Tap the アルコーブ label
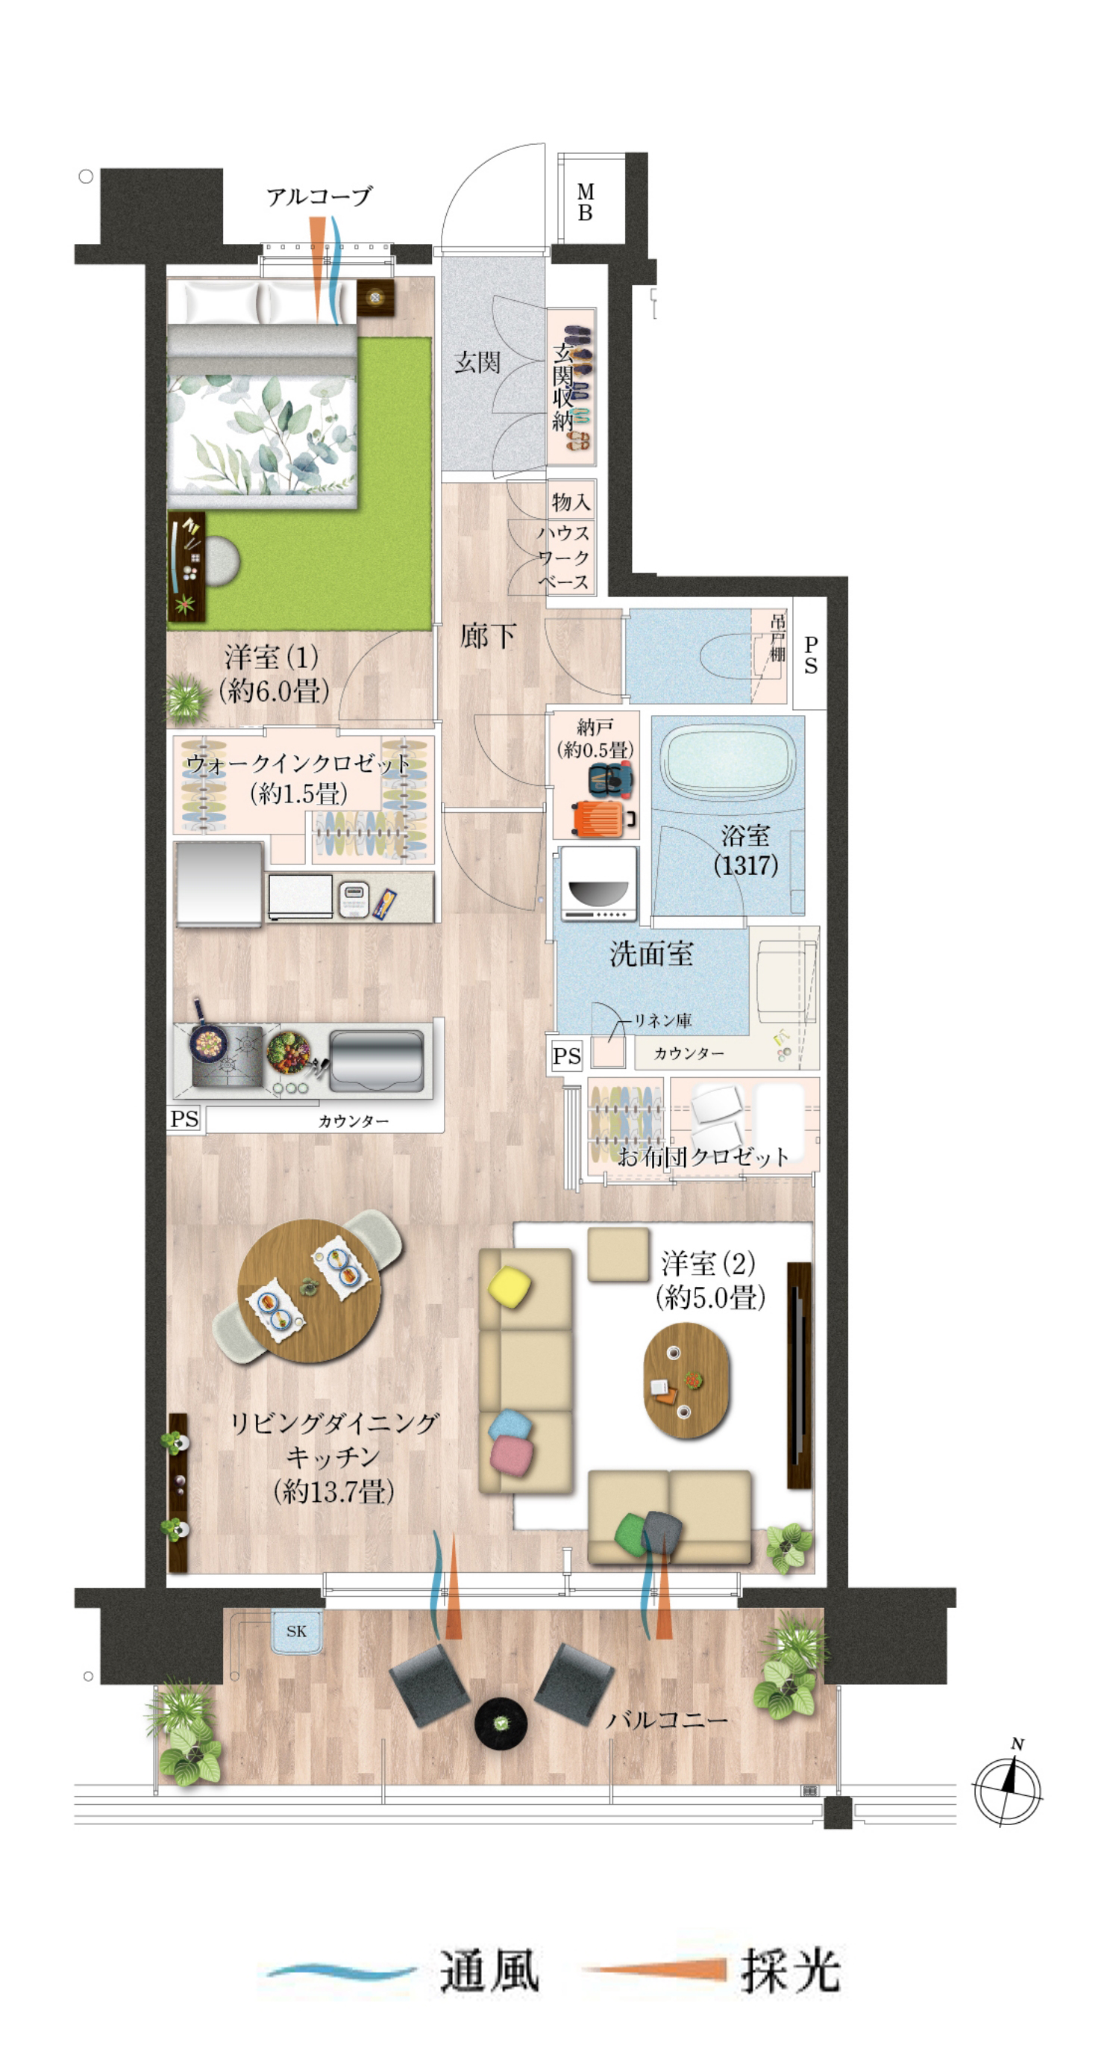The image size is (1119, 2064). [x=319, y=196]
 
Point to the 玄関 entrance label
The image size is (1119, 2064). [x=477, y=362]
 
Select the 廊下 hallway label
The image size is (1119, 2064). [x=487, y=636]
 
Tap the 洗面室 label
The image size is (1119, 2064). [x=651, y=953]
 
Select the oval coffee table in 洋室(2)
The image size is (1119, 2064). [x=686, y=1379]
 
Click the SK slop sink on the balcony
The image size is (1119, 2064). [x=296, y=1630]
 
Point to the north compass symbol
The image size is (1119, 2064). [x=1009, y=1788]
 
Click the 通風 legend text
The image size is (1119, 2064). [x=489, y=1971]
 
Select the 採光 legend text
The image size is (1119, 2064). [x=791, y=1971]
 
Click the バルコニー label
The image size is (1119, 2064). [x=666, y=1719]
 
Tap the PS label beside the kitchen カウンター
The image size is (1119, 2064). [x=184, y=1118]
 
